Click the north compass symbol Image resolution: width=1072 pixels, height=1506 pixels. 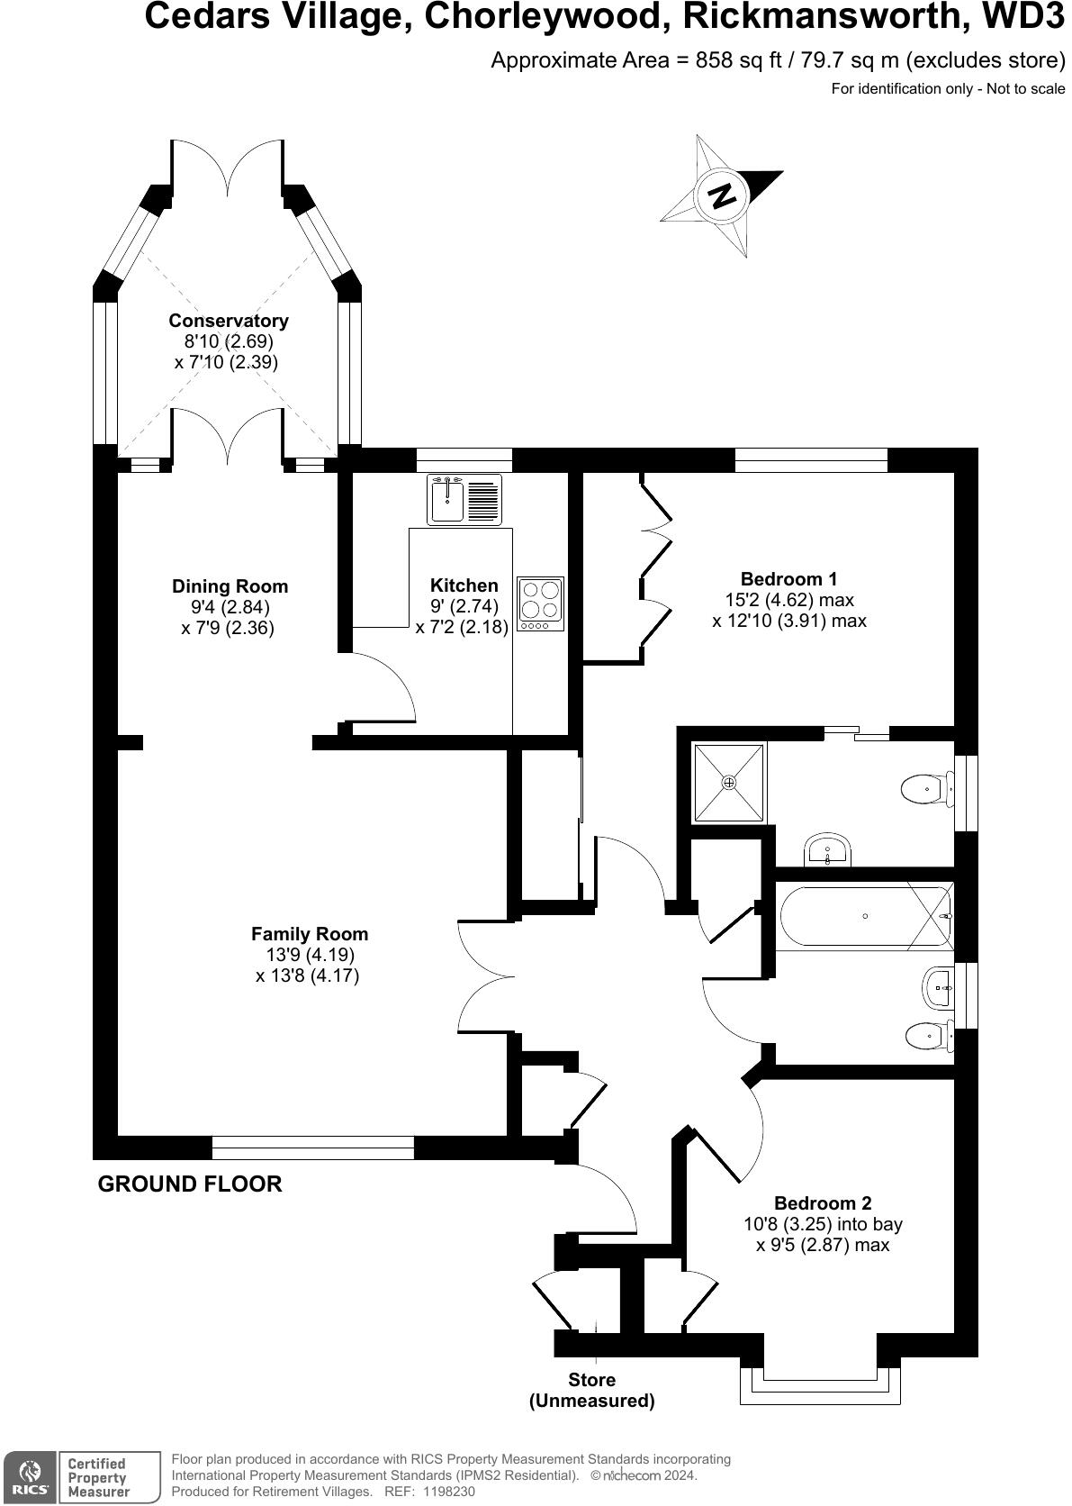pos(721,195)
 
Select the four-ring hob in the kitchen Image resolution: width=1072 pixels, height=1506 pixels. pos(540,603)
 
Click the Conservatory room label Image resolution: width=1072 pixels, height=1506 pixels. pos(229,321)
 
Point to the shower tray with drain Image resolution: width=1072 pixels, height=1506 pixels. pos(729,782)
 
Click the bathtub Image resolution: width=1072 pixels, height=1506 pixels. pos(863,917)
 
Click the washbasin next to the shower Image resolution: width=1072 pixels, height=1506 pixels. pos(827,848)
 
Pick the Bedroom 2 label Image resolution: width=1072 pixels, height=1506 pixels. pos(823,1203)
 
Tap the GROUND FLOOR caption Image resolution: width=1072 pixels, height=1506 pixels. pos(190,1184)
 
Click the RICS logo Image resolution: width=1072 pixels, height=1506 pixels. pos(30,1477)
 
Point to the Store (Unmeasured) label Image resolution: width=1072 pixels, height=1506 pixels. pos(591,1390)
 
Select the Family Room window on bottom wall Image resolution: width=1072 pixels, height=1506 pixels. pos(312,1148)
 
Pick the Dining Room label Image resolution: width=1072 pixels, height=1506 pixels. pos(230,586)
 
